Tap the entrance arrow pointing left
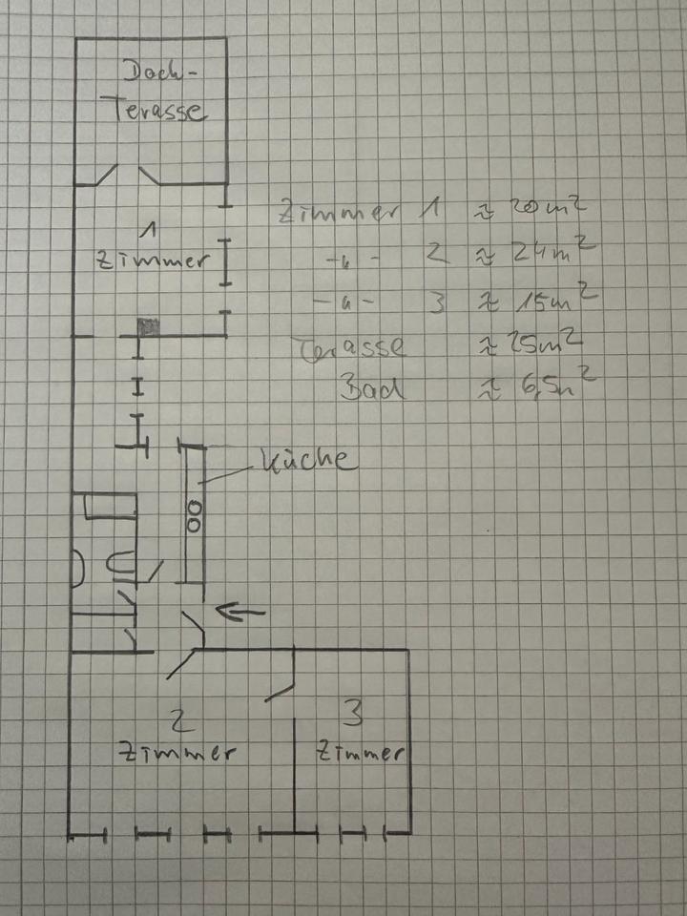click(x=240, y=612)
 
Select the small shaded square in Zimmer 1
click(x=149, y=326)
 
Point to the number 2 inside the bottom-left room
click(x=176, y=717)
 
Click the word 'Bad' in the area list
click(x=371, y=388)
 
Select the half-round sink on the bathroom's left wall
click(x=78, y=570)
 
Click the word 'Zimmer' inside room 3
click(x=357, y=753)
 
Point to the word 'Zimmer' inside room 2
click(x=176, y=751)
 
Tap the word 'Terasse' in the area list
click(x=350, y=345)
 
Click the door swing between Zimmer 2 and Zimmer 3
click(x=281, y=689)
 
